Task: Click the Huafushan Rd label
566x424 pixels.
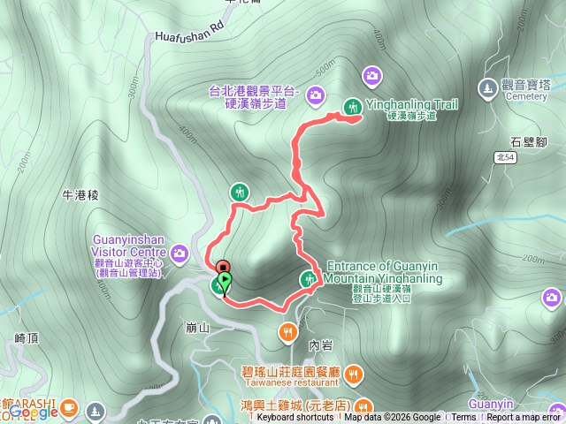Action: [x=187, y=37]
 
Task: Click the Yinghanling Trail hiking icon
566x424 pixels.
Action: [x=352, y=106]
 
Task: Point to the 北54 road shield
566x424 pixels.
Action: [x=504, y=157]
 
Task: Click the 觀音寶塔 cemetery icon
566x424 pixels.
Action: [x=486, y=87]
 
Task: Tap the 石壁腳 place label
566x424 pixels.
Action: [x=527, y=140]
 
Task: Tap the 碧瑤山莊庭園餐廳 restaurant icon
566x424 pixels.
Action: [x=354, y=373]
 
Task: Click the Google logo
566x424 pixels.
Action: [x=34, y=411]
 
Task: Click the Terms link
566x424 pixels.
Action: [x=463, y=418]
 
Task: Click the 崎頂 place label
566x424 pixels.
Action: [x=27, y=337]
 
